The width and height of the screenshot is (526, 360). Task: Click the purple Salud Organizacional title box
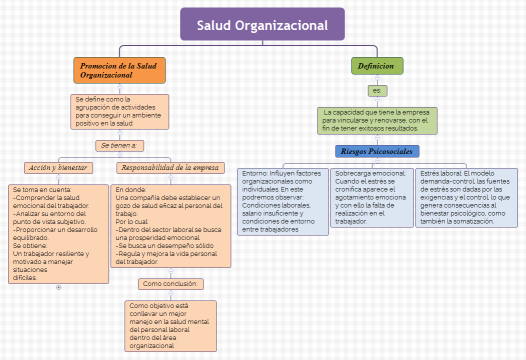click(262, 24)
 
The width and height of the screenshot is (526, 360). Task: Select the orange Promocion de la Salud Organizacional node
click(118, 70)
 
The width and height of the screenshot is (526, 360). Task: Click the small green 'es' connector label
click(376, 90)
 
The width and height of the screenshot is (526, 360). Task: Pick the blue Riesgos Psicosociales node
click(376, 151)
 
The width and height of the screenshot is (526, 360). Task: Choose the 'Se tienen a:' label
click(118, 145)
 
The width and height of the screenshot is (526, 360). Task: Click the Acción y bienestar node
click(58, 167)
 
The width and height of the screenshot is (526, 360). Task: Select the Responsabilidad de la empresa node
click(170, 167)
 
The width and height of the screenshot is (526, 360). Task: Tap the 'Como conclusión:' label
click(170, 283)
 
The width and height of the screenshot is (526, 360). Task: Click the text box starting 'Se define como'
click(118, 110)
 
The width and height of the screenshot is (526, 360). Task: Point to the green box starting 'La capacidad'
click(376, 120)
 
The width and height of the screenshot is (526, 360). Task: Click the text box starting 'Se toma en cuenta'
click(57, 233)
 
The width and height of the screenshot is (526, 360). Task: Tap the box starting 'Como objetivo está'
click(170, 324)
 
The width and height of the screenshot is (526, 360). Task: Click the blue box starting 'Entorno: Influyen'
click(284, 201)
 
